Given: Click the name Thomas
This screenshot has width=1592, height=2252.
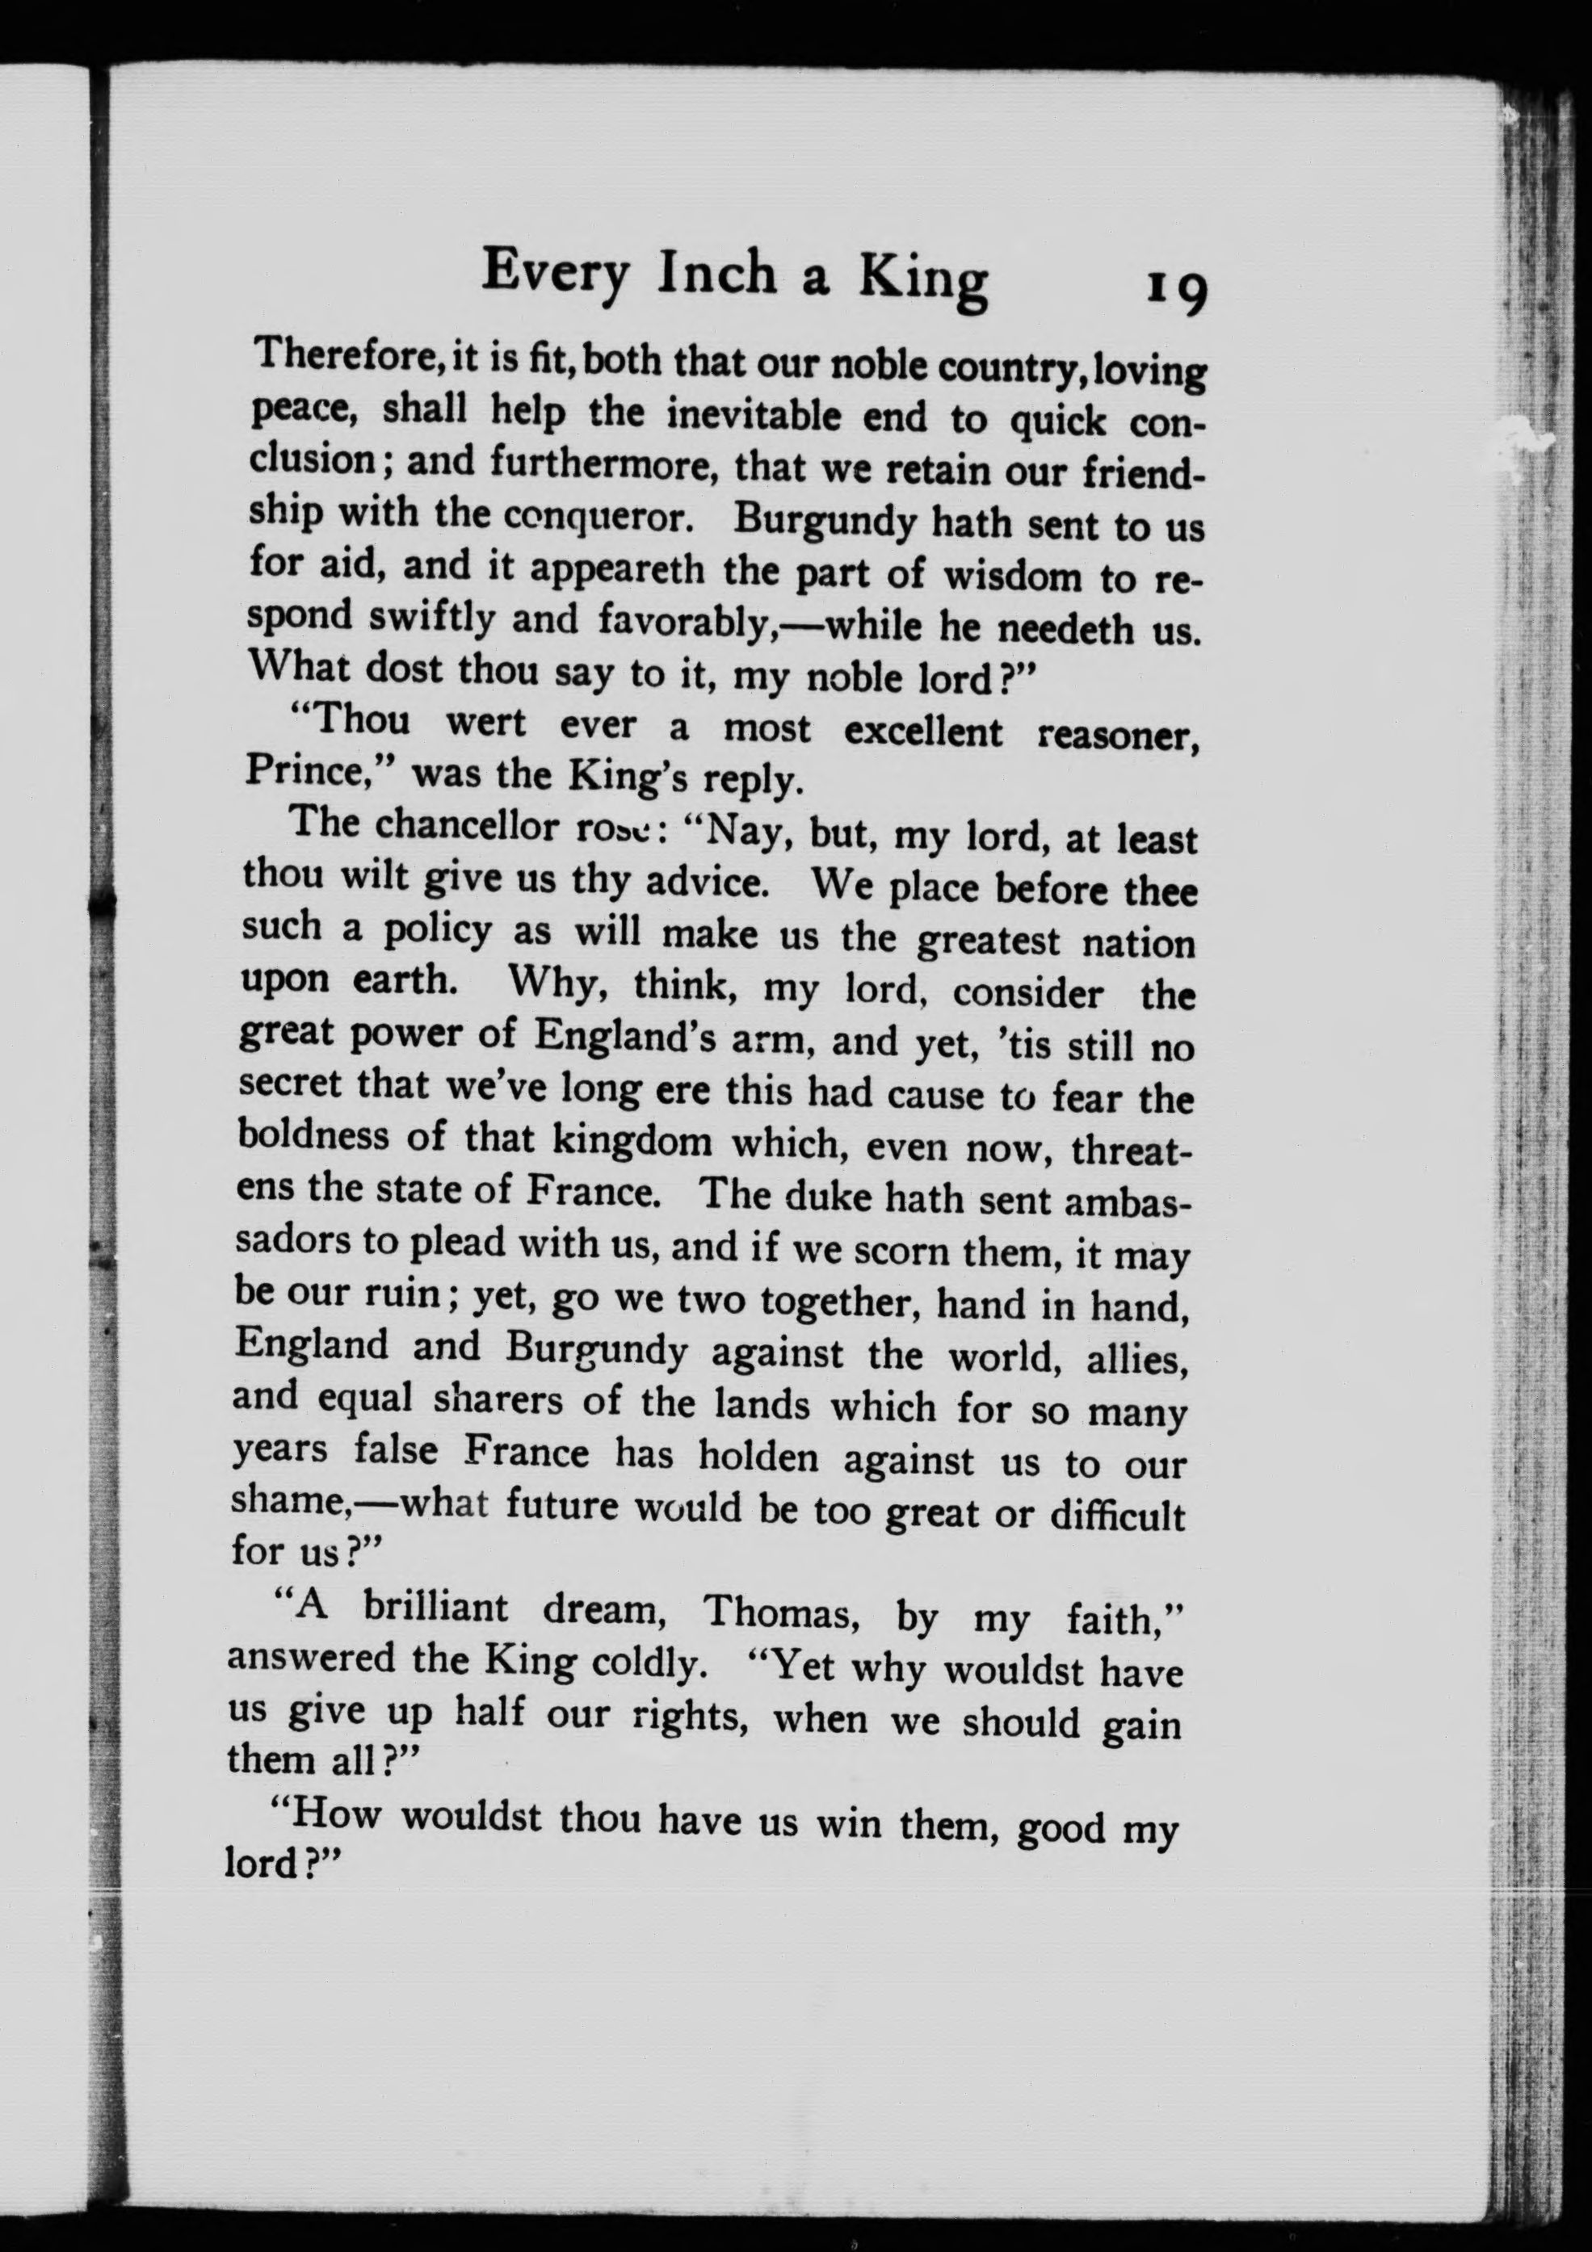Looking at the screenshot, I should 779,1614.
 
